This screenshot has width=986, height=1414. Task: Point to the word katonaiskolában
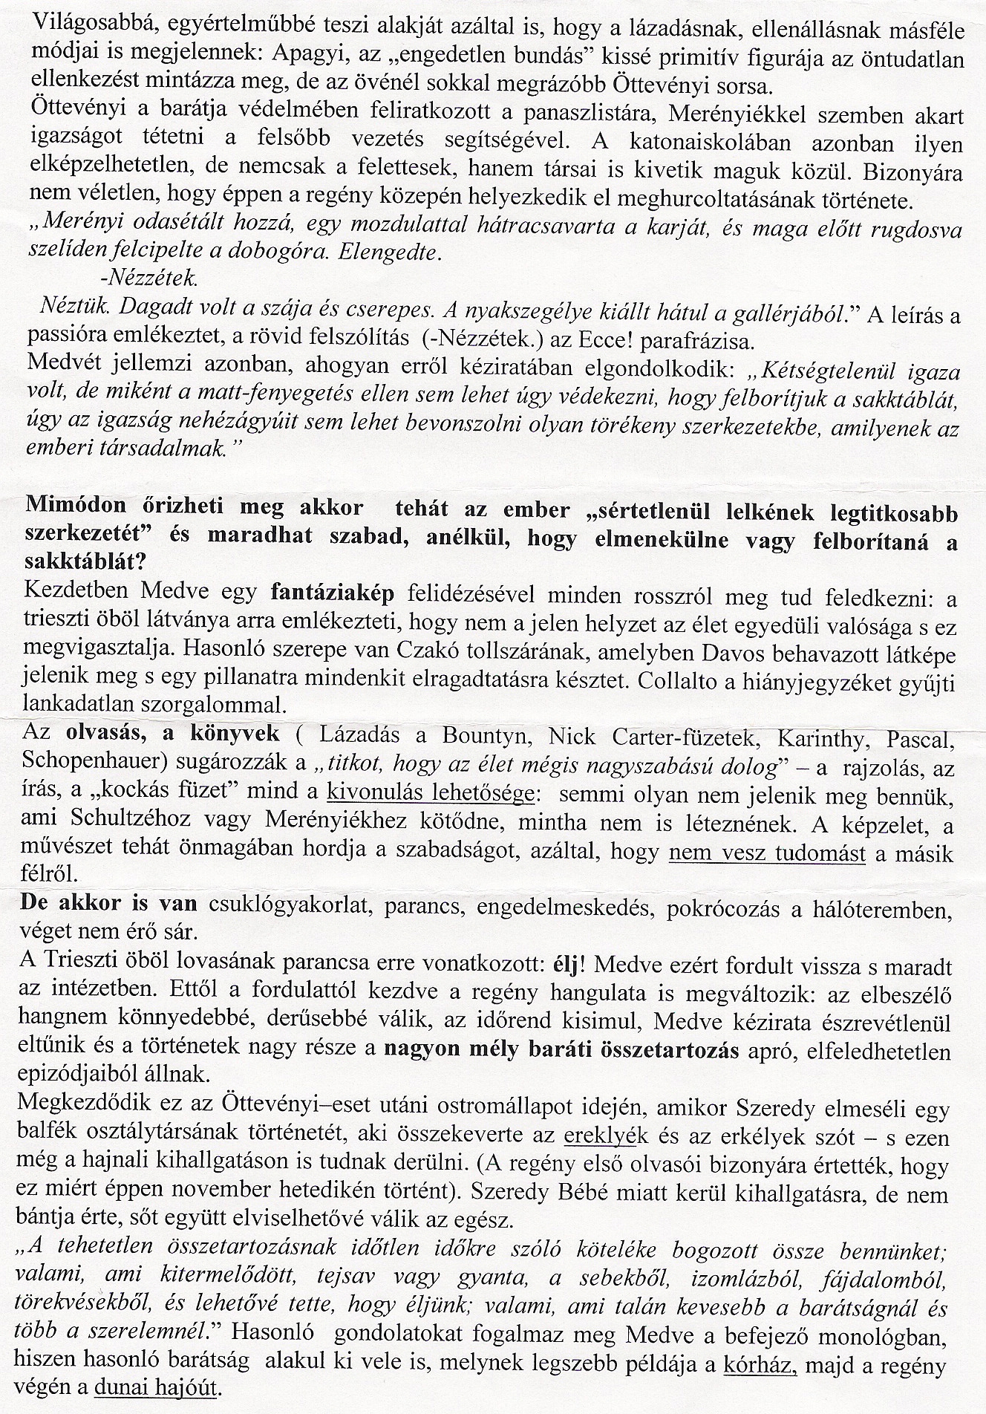[747, 143]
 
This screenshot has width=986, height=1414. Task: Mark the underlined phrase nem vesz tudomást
[767, 853]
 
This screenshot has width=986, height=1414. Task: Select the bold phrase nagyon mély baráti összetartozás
[562, 1052]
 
